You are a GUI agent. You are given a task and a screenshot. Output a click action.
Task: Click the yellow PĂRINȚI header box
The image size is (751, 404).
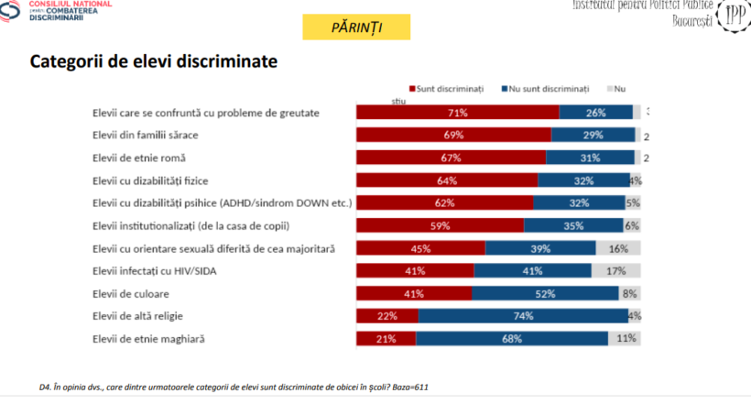pos(343,27)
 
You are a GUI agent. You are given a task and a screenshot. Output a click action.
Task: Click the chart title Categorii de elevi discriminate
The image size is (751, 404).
pos(154,62)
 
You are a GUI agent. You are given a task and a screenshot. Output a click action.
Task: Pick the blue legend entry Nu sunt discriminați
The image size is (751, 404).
pos(545,88)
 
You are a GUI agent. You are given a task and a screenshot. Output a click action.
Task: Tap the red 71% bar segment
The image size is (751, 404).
pos(457,113)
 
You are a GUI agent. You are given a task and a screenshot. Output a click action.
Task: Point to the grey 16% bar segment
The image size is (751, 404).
pos(618,247)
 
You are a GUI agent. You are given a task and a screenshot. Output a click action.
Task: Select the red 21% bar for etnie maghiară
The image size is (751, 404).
pos(386,338)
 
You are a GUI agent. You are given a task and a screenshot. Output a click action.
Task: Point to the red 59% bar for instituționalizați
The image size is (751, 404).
pos(440,225)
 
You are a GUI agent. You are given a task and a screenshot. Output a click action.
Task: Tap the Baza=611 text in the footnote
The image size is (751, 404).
pos(405,388)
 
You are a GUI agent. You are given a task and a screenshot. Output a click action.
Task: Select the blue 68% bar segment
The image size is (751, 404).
pos(512,338)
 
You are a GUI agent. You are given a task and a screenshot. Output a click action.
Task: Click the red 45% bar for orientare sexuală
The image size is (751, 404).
pos(420,247)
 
